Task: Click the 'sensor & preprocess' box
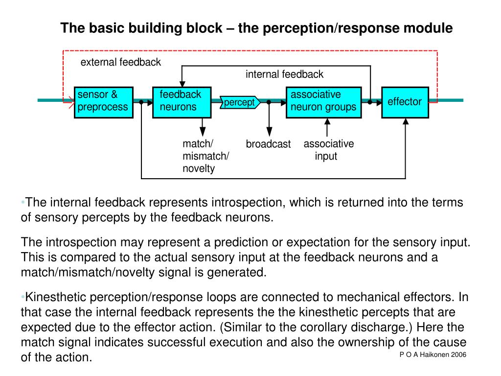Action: pyautogui.click(x=104, y=102)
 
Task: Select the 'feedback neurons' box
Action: pyautogui.click(x=182, y=102)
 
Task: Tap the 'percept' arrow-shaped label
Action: pyautogui.click(x=240, y=102)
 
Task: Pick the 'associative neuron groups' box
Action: pyautogui.click(x=324, y=102)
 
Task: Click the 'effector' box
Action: pyautogui.click(x=405, y=102)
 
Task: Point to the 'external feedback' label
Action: pyautogui.click(x=120, y=62)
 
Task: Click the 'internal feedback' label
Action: pyautogui.click(x=284, y=74)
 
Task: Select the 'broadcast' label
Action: pyautogui.click(x=268, y=144)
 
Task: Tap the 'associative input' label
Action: pyautogui.click(x=328, y=150)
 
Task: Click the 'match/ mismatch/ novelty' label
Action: pyautogui.click(x=206, y=156)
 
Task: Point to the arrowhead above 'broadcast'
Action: pyautogui.click(x=270, y=132)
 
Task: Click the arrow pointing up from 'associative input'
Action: pyautogui.click(x=327, y=128)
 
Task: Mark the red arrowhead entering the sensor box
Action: pyautogui.click(x=71, y=102)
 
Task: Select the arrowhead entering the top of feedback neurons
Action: pyautogui.click(x=182, y=84)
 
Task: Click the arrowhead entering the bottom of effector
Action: pyautogui.click(x=406, y=121)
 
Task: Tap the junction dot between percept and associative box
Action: pyautogui.click(x=269, y=102)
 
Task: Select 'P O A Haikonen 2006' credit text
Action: pyautogui.click(x=433, y=354)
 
